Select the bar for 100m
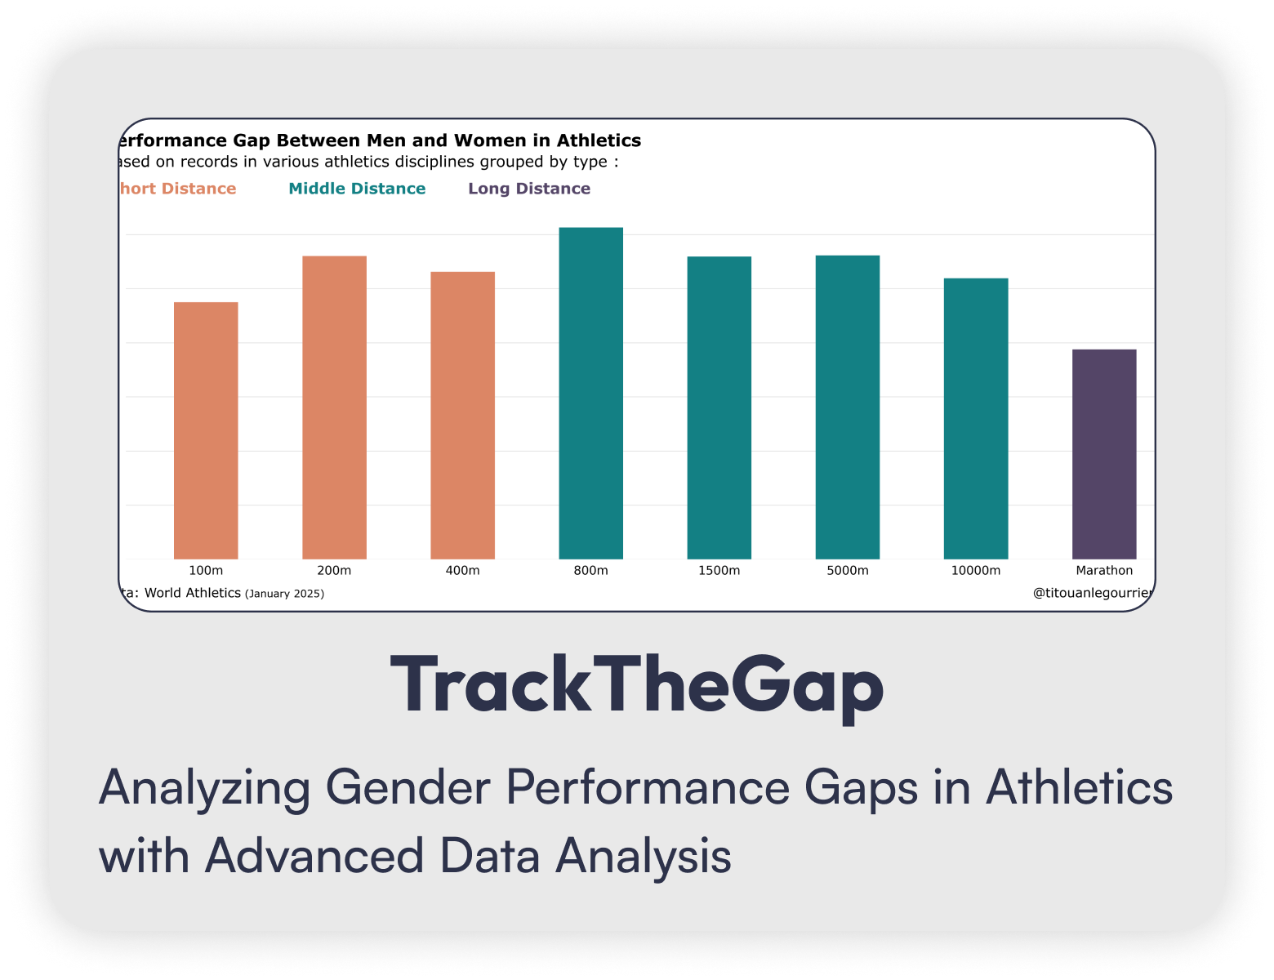pyautogui.click(x=206, y=430)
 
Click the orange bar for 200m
pyautogui.click(x=334, y=408)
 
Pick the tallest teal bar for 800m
pyautogui.click(x=590, y=393)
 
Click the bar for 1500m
pyautogui.click(x=719, y=408)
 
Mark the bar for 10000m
pyautogui.click(x=975, y=418)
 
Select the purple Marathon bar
pyautogui.click(x=1103, y=454)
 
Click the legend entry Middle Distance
pyautogui.click(x=357, y=189)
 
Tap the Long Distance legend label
pyautogui.click(x=528, y=189)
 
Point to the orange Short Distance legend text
pyautogui.click(x=178, y=189)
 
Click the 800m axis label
pyautogui.click(x=590, y=570)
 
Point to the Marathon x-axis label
pyautogui.click(x=1103, y=570)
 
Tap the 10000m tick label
pyautogui.click(x=975, y=570)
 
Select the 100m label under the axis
pyautogui.click(x=206, y=570)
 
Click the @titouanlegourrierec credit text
pyautogui.click(x=1092, y=593)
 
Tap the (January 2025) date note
pyautogui.click(x=284, y=594)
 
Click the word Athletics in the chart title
pyautogui.click(x=599, y=140)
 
